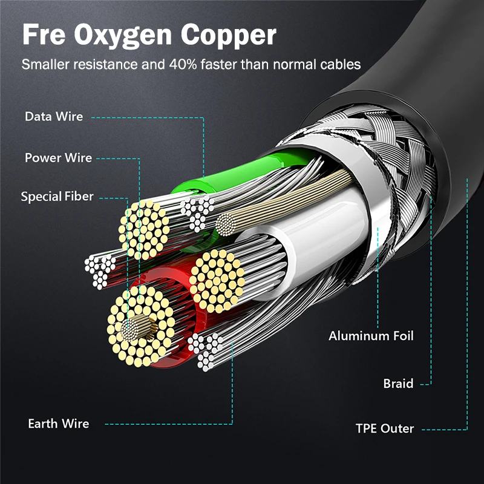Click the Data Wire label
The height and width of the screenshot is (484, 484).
54,116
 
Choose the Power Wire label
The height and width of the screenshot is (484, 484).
58,158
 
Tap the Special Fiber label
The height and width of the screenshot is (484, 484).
57,197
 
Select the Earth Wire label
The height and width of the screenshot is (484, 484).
58,423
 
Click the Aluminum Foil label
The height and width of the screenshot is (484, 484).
371,336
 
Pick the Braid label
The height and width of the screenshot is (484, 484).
398,384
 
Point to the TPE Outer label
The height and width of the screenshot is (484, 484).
385,429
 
